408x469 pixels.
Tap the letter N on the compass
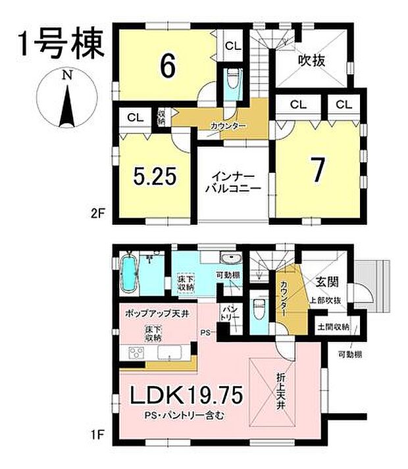click(x=66, y=76)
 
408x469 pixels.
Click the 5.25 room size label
click(x=155, y=178)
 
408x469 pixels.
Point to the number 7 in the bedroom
click(x=318, y=171)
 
